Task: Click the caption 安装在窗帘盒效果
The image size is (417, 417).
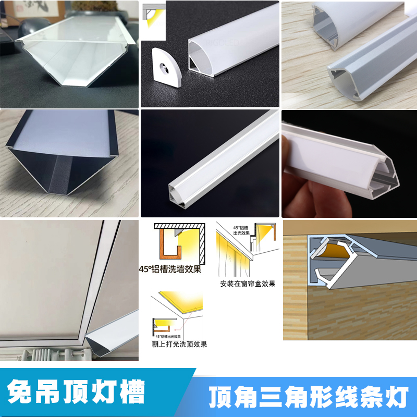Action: [248, 284]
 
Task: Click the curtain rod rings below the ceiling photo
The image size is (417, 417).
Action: [47, 354]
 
